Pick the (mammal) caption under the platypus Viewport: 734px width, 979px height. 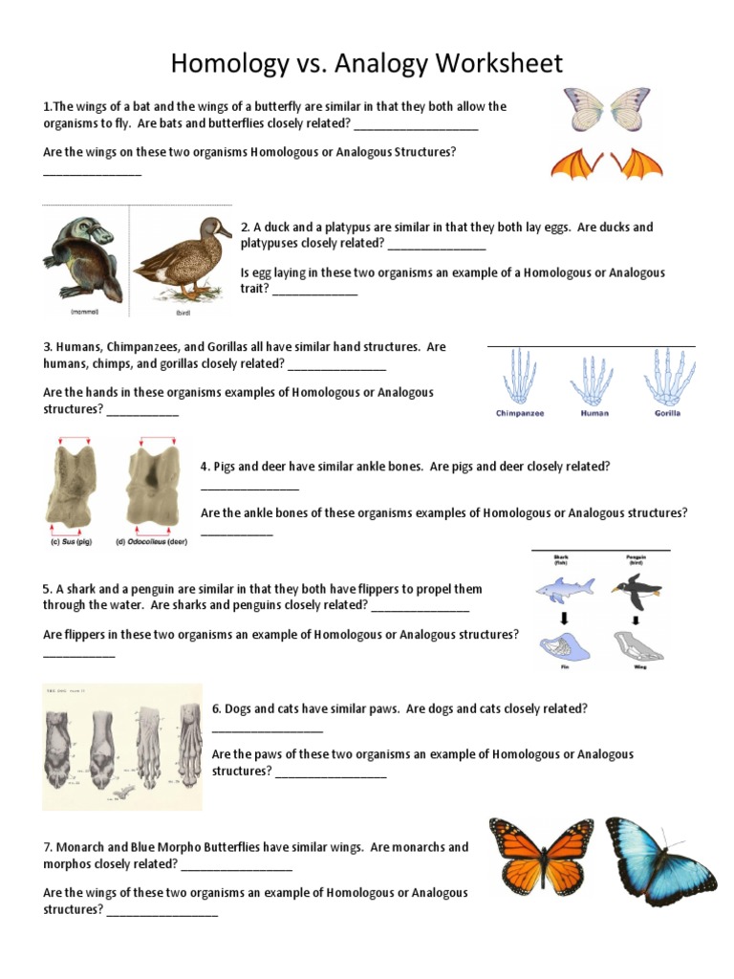pos(84,312)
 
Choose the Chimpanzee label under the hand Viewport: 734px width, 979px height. pos(520,414)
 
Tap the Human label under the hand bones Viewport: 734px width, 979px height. pos(594,414)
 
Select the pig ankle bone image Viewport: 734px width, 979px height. pos(72,486)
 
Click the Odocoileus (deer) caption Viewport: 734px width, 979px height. pos(151,542)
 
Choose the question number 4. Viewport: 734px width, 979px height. pos(205,467)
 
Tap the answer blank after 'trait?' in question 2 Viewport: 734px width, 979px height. pos(314,290)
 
